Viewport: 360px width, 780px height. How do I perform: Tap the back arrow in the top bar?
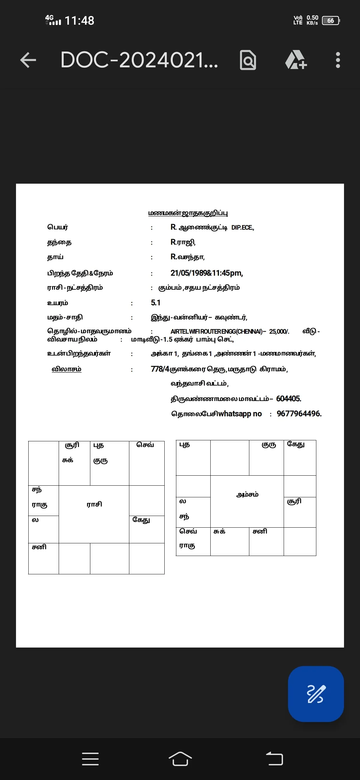[28, 60]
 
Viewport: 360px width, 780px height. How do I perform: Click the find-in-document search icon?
[248, 60]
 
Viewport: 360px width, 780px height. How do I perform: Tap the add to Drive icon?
[296, 60]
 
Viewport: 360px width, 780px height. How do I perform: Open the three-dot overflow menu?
[338, 60]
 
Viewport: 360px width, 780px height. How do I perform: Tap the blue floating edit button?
[316, 694]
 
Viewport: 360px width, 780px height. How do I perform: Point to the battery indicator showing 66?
[331, 21]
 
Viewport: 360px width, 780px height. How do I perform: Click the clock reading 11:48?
[79, 21]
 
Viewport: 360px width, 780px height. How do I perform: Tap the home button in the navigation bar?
[180, 759]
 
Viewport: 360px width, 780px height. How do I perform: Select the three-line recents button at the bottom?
[90, 759]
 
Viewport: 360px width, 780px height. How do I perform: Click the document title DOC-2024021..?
[139, 60]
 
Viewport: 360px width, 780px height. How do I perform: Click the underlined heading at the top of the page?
[188, 213]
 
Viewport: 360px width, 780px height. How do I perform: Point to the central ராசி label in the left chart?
[94, 504]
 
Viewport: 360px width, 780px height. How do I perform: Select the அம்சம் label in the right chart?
[247, 494]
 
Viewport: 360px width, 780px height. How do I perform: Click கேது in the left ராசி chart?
[141, 520]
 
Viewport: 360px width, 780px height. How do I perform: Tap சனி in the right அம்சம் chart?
[260, 531]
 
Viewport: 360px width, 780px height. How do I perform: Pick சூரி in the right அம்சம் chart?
[294, 501]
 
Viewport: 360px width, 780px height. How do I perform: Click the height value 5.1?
[156, 303]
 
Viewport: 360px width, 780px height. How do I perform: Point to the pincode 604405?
[289, 399]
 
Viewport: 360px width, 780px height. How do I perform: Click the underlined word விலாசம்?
[66, 369]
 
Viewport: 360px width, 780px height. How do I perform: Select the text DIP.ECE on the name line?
[242, 228]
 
